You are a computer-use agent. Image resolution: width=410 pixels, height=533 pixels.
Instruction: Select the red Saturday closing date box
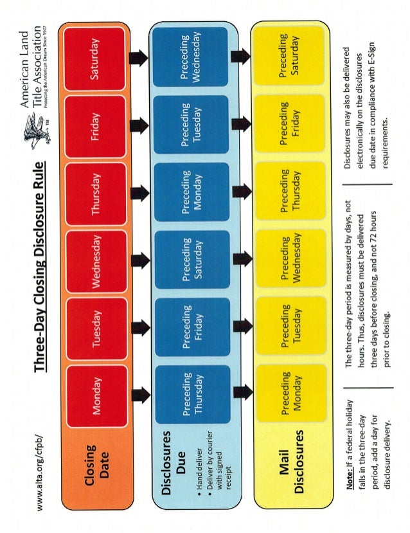click(x=98, y=60)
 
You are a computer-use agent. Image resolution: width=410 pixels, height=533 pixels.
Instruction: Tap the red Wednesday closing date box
click(x=98, y=260)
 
